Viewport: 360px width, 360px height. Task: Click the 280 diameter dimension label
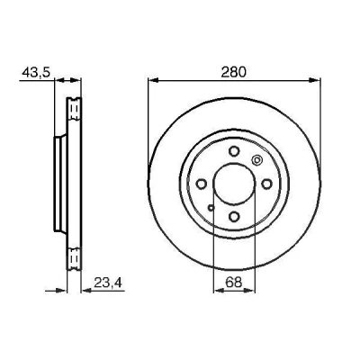(233, 73)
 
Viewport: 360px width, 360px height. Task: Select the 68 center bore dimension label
(234, 283)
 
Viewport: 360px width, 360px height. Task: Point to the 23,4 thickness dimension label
(109, 283)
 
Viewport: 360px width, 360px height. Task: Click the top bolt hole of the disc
(234, 151)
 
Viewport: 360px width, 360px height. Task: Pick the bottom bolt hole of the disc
(234, 216)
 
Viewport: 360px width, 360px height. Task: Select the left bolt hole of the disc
(202, 184)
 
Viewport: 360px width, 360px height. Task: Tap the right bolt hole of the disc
(266, 184)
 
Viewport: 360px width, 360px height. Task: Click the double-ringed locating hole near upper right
(256, 160)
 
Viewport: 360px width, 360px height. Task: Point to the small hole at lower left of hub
(211, 207)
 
